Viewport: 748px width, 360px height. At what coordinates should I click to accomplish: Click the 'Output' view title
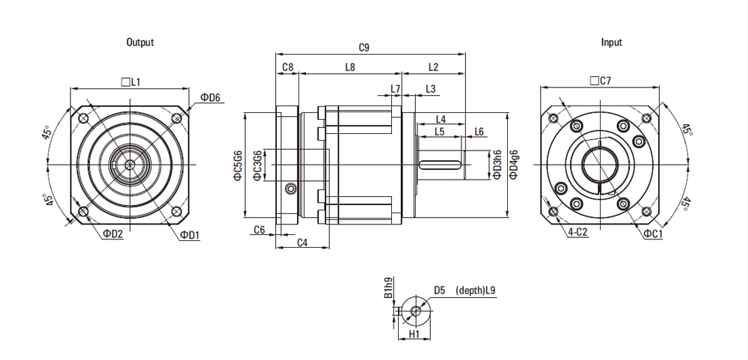(x=140, y=43)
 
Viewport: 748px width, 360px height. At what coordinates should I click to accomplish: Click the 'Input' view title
(x=611, y=43)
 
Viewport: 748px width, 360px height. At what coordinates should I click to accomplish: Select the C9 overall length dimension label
(x=364, y=48)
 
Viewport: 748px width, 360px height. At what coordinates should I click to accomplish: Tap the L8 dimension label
(x=350, y=67)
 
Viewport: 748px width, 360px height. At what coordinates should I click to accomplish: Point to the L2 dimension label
(x=433, y=67)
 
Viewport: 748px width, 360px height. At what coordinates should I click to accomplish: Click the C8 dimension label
(x=287, y=67)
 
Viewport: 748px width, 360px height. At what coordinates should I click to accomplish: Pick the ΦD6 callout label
(x=211, y=98)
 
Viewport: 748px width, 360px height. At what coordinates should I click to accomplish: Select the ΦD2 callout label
(x=113, y=234)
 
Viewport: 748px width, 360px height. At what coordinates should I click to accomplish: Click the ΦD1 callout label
(x=190, y=234)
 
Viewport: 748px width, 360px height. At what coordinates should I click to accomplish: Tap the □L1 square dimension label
(x=131, y=81)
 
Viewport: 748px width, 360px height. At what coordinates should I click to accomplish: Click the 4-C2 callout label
(x=578, y=233)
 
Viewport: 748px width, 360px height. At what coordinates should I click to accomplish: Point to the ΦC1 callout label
(x=653, y=234)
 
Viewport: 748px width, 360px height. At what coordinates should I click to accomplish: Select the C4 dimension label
(x=302, y=242)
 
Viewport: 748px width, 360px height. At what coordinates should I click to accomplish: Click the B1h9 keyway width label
(x=388, y=288)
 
